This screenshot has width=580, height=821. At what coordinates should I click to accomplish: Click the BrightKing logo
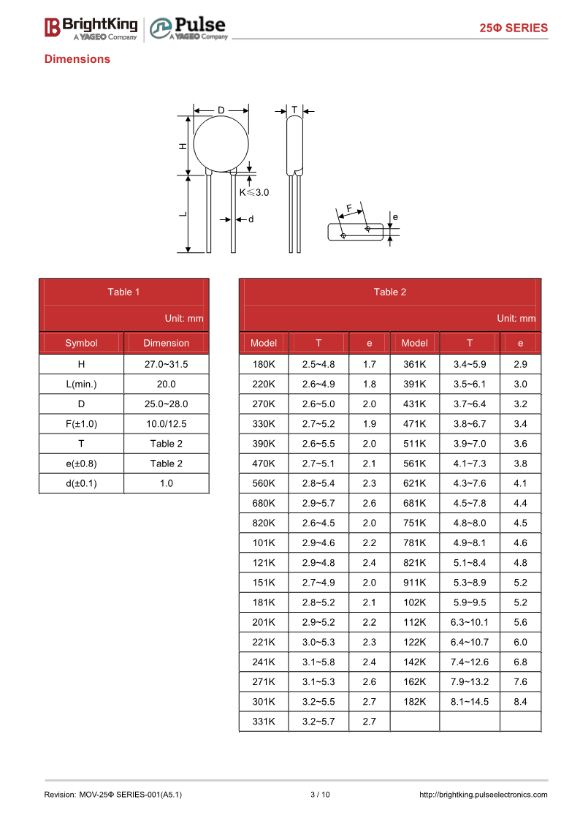point(91,28)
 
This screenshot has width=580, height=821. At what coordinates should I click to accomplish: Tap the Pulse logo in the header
point(188,28)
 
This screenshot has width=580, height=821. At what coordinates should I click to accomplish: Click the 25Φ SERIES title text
point(513,28)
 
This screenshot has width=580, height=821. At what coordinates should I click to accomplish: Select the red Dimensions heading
point(77,59)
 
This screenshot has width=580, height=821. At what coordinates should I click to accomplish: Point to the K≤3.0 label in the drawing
point(254,193)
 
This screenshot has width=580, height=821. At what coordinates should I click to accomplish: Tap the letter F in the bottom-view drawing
point(349,208)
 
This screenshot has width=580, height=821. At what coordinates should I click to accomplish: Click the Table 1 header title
point(123,292)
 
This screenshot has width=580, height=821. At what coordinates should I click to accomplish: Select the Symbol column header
point(81,343)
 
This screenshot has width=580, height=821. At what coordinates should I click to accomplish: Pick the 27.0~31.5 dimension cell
point(166,364)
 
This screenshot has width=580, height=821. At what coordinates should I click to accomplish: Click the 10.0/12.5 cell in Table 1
point(166,424)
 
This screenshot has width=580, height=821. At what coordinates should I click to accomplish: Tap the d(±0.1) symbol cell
point(81,483)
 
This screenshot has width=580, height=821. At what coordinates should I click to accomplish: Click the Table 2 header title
point(389,292)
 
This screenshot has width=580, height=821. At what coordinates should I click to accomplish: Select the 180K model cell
point(263,364)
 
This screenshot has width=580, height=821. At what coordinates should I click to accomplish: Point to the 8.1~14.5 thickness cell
point(469,702)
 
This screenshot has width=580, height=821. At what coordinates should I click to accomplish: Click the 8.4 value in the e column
point(520,702)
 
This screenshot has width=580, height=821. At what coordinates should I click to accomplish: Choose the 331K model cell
point(263,722)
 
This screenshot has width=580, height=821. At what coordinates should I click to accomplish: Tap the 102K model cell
point(414,602)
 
